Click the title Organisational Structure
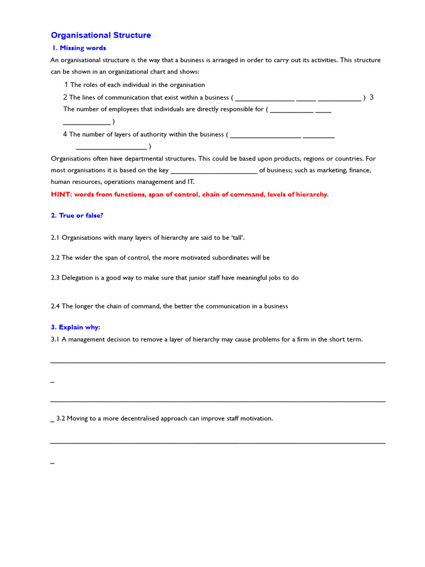(x=101, y=35)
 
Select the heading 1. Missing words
(x=79, y=48)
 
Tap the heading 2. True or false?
(x=77, y=215)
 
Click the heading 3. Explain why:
(x=75, y=327)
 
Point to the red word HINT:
(x=61, y=194)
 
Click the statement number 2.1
(x=55, y=238)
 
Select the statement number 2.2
(x=55, y=257)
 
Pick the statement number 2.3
(x=55, y=277)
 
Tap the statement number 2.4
(x=55, y=306)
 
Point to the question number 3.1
(x=55, y=339)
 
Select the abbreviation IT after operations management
(x=191, y=182)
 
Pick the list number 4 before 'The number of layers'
(x=65, y=134)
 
